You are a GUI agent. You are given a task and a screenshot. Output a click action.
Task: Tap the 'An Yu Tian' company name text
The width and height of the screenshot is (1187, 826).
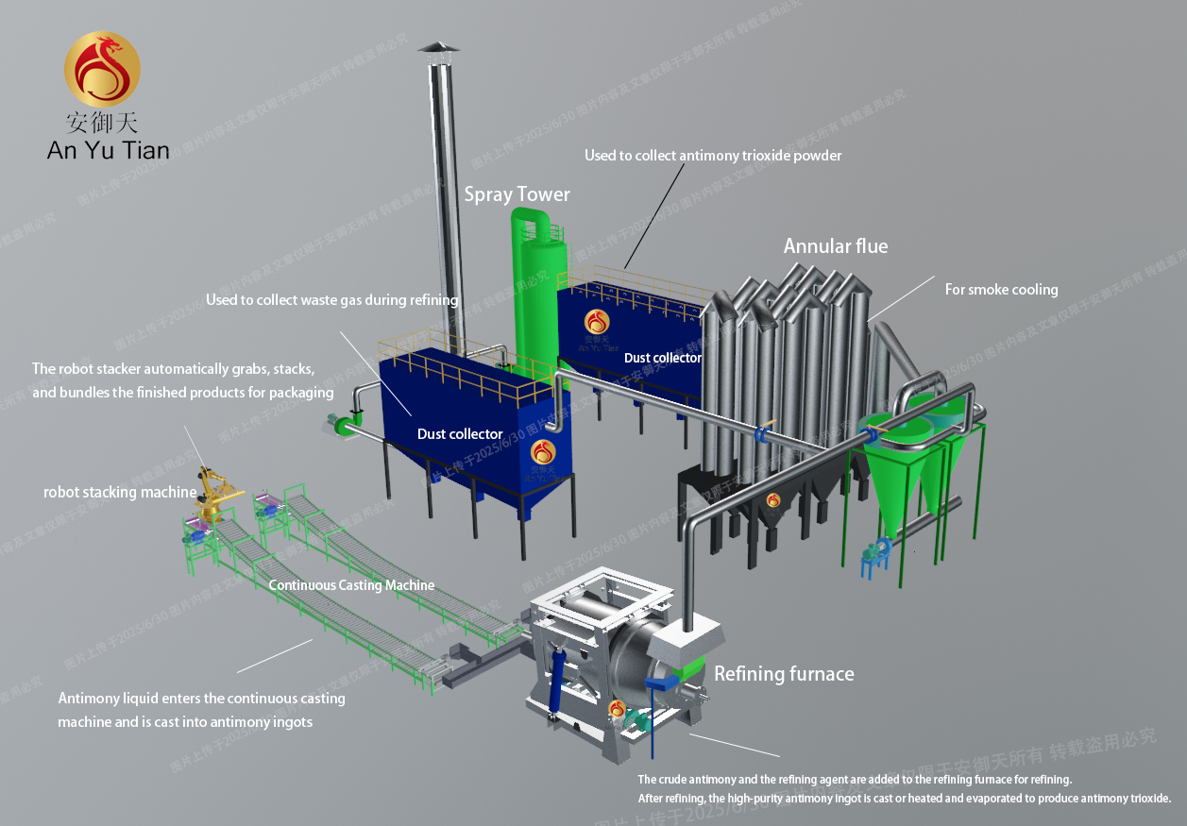point(109,149)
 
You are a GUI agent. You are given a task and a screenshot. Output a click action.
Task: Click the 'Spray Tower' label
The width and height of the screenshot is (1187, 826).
point(517,194)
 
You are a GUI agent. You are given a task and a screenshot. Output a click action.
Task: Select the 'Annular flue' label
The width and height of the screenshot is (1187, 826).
point(836,246)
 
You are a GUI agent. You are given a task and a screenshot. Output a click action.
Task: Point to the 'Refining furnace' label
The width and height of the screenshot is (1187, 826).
point(784,674)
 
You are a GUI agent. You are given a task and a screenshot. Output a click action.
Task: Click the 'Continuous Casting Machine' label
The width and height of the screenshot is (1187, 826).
point(351,585)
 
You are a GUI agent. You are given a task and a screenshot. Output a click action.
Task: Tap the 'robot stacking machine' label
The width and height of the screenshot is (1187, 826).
point(120,493)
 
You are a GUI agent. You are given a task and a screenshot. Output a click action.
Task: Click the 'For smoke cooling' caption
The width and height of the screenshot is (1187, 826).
point(1001,290)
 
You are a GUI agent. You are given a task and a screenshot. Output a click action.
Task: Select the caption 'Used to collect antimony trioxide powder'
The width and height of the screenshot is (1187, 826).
point(712,155)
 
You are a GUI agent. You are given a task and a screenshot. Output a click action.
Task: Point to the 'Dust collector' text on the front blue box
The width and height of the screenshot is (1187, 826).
point(460,434)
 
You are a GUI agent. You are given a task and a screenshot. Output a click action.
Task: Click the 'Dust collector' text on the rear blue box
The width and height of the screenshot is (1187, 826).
point(662,359)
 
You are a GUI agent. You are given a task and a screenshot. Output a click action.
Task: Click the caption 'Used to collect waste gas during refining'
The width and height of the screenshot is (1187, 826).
point(331,300)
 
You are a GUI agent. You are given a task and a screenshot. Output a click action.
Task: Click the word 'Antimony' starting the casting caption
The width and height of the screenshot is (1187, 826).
point(88,699)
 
